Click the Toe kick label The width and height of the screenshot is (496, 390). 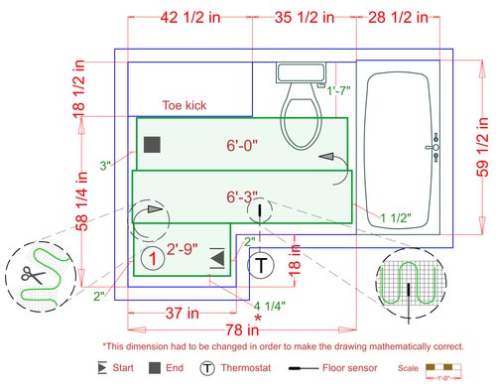184,105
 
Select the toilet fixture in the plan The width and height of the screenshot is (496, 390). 302,110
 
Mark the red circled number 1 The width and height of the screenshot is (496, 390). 151,259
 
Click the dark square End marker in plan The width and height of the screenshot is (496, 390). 152,145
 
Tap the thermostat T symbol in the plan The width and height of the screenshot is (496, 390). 260,265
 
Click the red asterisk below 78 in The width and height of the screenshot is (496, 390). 258,318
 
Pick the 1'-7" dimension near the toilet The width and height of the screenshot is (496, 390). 340,91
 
